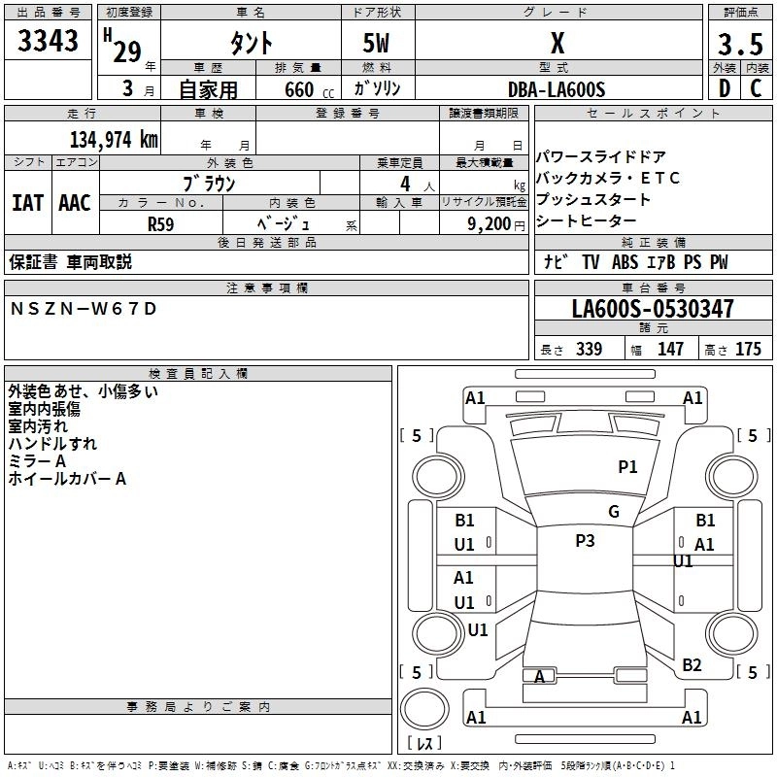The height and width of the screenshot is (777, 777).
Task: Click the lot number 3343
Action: coord(49,42)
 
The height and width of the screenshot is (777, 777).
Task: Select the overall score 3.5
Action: coord(739,45)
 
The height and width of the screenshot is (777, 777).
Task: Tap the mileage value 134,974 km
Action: coord(114,139)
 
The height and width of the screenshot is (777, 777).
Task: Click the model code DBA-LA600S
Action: coord(557,89)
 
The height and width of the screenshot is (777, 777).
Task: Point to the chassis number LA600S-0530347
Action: coord(653,309)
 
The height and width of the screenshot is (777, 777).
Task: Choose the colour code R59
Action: coord(160,223)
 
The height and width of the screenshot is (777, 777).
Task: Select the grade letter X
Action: coord(557,44)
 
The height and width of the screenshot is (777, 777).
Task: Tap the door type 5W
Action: coord(377,44)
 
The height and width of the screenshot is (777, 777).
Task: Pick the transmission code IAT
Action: coord(28,203)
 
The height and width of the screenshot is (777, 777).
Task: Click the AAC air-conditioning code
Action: coord(75,203)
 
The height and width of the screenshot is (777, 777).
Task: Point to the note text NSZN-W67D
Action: coord(83,309)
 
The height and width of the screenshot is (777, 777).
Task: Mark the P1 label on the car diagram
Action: coord(628,467)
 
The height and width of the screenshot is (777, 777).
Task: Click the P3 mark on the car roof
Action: coord(585,541)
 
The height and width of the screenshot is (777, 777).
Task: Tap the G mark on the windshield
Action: coord(614,511)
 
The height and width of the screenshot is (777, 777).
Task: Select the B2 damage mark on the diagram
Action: coord(692,665)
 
